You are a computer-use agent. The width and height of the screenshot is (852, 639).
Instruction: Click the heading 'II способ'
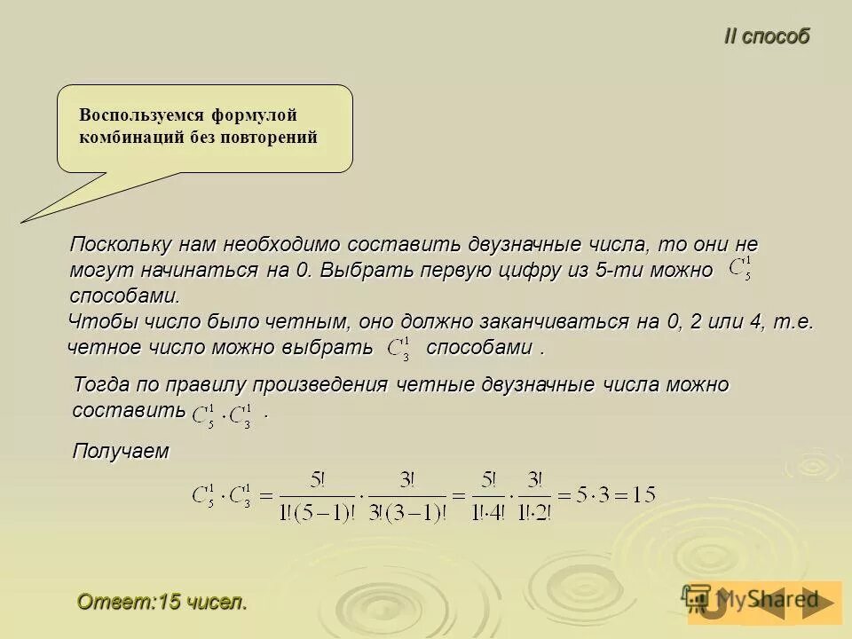point(767,36)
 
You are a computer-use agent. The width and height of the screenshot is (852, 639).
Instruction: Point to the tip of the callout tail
point(23,220)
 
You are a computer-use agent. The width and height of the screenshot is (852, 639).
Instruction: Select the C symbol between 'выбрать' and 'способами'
point(399,347)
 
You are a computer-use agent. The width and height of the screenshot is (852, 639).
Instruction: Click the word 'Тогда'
point(99,385)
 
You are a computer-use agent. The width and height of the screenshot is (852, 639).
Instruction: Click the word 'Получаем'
point(120,451)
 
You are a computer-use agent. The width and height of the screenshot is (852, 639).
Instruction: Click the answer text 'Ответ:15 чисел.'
point(162,602)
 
